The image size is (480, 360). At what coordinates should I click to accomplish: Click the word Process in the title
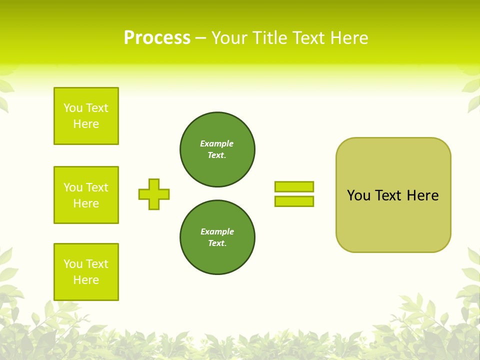(157, 38)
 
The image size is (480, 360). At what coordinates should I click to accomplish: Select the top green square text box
(86, 116)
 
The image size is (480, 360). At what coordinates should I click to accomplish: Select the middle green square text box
(86, 195)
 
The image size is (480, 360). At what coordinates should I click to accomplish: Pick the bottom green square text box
(86, 272)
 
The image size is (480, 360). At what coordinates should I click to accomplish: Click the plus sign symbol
(154, 194)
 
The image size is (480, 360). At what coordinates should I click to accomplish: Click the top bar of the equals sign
(294, 186)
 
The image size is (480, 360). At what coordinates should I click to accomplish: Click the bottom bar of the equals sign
(294, 201)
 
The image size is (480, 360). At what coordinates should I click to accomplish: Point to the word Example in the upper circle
(217, 143)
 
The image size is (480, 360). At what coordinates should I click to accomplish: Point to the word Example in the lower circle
(217, 231)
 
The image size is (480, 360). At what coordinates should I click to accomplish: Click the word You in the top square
(73, 108)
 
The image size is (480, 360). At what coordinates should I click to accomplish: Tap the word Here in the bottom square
(86, 280)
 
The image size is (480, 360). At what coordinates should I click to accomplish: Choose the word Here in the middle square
(86, 203)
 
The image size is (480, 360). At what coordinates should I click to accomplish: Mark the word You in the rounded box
(358, 195)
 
